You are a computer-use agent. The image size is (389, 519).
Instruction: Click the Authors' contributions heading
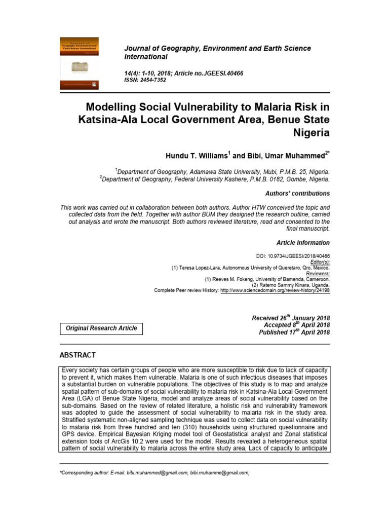click(297, 194)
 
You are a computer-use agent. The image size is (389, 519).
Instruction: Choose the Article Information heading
click(303, 243)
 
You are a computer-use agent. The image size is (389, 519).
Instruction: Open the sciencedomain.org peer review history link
click(275, 290)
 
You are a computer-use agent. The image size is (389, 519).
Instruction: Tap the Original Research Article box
click(101, 328)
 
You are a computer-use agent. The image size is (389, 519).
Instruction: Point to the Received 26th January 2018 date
click(291, 318)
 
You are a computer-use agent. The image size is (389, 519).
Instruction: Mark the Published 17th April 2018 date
click(294, 332)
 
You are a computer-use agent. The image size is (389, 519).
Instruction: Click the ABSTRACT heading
click(77, 355)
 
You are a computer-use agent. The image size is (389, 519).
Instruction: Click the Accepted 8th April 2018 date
click(297, 325)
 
